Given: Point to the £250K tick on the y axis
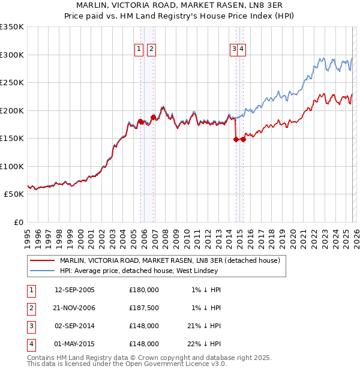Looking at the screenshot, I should pos(12,83).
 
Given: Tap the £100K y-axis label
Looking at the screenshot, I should pos(12,166).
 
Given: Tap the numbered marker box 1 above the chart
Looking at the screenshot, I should pos(139,50).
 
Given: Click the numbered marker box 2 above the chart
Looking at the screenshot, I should pos(151,50).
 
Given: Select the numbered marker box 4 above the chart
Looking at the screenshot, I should pos(241,50).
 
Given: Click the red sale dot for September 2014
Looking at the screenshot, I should pos(236,139).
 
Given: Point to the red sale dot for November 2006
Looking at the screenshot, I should pos(153,117).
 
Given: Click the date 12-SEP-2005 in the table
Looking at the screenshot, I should pos(74,290).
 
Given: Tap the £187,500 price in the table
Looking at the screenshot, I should pos(144,308).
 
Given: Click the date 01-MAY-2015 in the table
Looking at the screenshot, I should pos(74,344).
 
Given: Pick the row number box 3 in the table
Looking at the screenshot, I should pos(29,326).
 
